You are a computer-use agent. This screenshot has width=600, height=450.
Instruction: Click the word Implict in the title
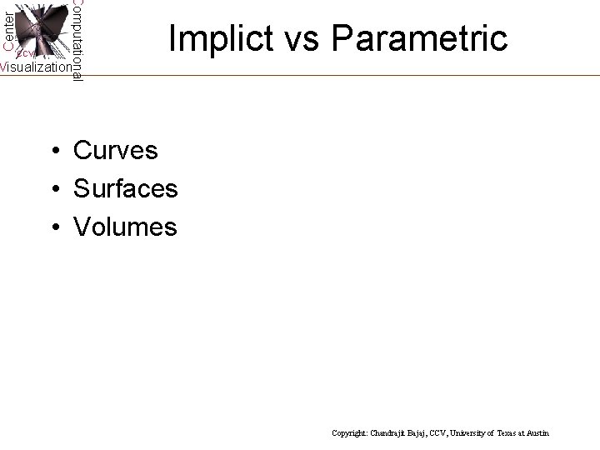(x=219, y=38)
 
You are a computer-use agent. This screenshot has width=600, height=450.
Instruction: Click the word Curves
(x=115, y=151)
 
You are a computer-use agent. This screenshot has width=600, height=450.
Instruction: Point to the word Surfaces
(x=125, y=189)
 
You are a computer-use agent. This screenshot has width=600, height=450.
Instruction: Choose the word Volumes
(x=125, y=227)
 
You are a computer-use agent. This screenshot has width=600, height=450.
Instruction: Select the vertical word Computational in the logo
(x=77, y=40)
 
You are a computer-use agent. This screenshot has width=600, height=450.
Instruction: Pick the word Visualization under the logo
(x=36, y=67)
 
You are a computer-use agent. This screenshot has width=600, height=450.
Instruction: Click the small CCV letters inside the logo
(x=24, y=53)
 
